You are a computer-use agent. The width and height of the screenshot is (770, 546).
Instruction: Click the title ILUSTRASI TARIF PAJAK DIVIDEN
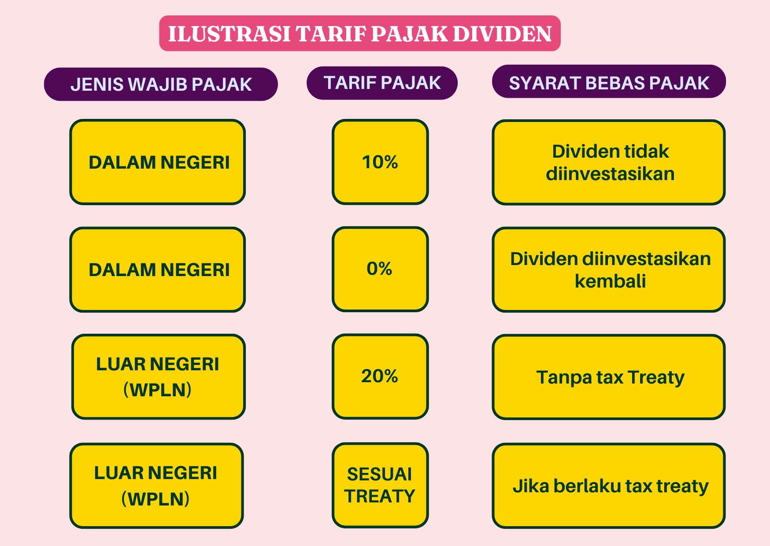359,33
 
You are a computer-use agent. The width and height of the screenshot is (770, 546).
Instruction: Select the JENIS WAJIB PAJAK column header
161,84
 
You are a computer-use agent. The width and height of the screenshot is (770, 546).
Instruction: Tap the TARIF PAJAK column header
382,83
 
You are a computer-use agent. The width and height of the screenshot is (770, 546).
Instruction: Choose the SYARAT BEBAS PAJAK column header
609,81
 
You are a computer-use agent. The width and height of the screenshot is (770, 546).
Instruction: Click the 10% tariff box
380,162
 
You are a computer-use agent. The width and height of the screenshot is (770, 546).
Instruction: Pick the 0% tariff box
380,269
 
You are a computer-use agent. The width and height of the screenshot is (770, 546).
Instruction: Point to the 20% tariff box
380,376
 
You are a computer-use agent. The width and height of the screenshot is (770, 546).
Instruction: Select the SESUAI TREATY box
380,485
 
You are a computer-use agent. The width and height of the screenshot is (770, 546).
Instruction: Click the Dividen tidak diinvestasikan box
609,162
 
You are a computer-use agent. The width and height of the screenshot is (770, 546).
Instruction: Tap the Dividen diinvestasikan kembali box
609,269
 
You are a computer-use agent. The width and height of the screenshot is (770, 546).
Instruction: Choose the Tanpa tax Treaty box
609,377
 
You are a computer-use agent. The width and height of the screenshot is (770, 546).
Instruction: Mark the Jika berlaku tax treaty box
609,486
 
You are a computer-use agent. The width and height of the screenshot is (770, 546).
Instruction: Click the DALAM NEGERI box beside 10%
157,162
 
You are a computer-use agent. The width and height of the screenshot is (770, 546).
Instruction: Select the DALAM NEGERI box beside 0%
157,269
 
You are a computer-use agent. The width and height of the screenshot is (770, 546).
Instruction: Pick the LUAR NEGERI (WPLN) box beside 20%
158,376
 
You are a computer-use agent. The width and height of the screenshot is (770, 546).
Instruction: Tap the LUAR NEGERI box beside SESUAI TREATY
156,486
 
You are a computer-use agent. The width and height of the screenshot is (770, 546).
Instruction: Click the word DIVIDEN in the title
502,34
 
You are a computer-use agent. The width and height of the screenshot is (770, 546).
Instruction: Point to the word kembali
610,281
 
